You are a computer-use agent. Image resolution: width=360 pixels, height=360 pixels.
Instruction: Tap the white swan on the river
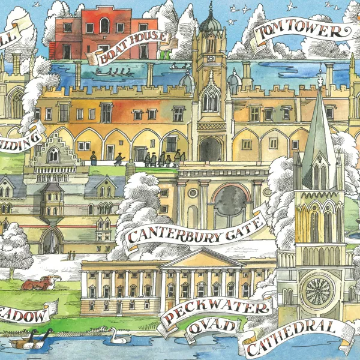[118, 337]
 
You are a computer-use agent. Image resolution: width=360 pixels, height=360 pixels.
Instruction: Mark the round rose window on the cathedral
[317, 290]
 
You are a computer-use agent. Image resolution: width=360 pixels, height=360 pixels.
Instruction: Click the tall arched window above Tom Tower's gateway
[210, 99]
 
